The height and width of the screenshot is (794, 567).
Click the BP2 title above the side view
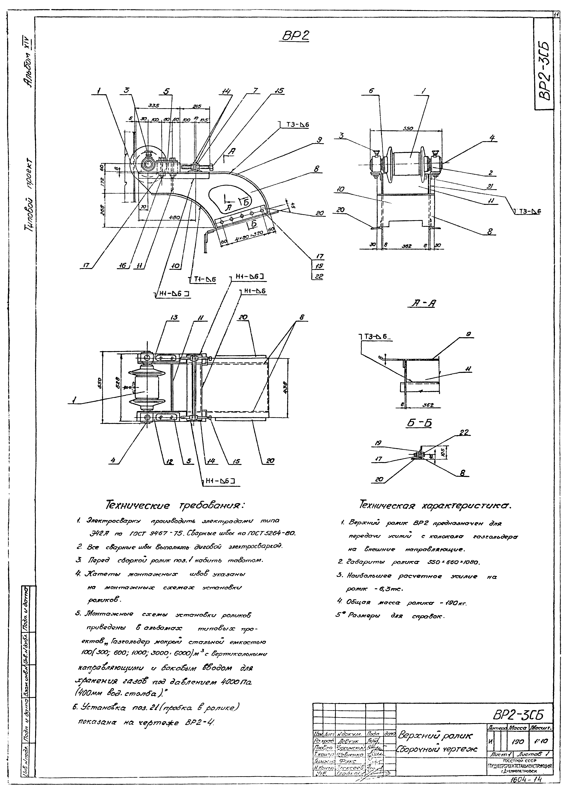[296, 36]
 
